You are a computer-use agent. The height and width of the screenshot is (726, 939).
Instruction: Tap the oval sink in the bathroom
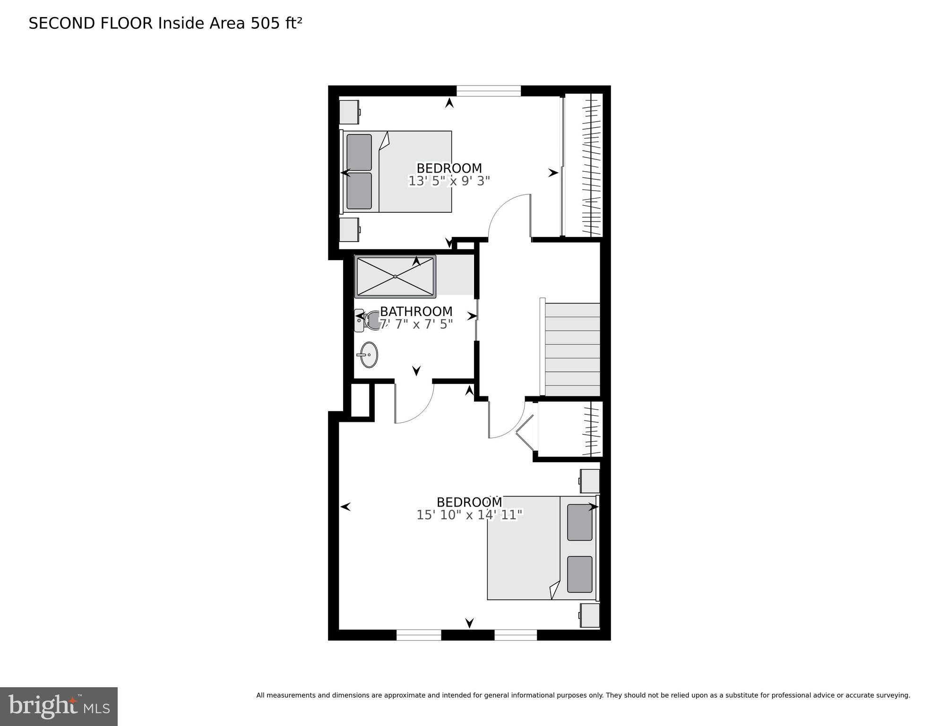coord(369,355)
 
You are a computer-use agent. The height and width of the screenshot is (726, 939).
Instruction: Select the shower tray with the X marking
coord(395,277)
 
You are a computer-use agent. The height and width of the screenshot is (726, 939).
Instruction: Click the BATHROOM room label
coord(416,312)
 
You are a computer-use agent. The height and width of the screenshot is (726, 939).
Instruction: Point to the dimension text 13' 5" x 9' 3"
coord(448,181)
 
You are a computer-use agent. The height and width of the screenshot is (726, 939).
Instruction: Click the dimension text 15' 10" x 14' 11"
coord(469,515)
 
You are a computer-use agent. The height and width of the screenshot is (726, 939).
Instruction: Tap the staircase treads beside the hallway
coord(572,350)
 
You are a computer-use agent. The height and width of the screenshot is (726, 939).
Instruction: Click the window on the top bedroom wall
coord(488,91)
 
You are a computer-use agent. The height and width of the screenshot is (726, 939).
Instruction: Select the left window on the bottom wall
coord(418,635)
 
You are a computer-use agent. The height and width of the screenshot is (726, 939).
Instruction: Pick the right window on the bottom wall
coord(515,635)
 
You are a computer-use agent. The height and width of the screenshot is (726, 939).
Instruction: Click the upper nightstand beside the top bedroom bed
coord(349,112)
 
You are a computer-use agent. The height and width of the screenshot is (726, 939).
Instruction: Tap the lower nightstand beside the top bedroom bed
coord(349,230)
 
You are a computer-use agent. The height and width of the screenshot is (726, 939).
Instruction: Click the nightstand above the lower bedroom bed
coord(590,481)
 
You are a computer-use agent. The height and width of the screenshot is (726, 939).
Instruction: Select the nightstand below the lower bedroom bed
coord(590,615)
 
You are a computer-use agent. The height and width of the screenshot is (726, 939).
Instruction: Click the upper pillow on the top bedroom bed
coord(359,152)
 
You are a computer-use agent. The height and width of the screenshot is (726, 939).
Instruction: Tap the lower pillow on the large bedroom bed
coord(579,574)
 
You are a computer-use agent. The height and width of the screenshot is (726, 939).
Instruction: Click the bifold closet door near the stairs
coord(525,432)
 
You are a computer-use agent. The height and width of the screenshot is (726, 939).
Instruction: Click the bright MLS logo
coord(59,706)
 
